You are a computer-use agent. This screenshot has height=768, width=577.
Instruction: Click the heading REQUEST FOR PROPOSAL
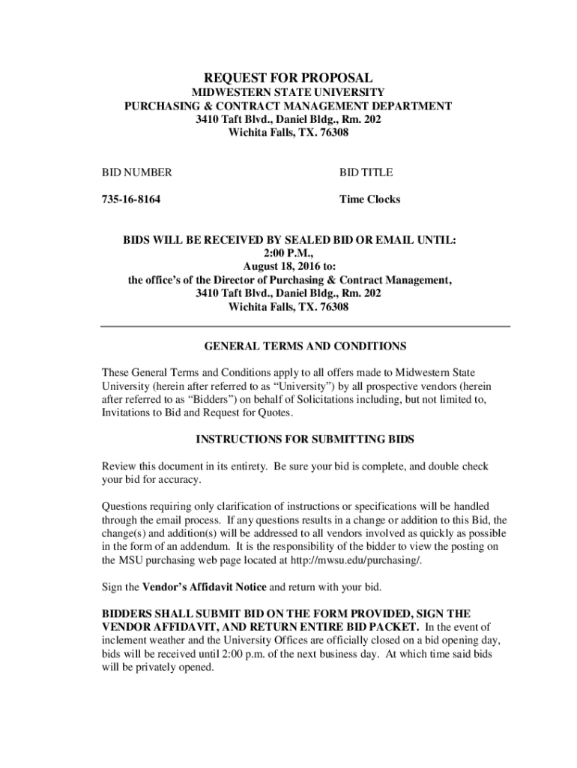288,78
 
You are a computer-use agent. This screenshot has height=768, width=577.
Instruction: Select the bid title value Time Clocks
369,199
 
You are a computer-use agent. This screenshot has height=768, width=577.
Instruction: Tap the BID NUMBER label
137,172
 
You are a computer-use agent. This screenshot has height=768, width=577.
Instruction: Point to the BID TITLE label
366,172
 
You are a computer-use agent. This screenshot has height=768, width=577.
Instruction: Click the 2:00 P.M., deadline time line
288,253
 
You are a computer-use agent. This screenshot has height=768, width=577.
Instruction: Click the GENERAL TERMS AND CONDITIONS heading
305,346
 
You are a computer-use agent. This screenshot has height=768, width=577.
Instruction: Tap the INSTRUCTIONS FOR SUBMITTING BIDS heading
305,439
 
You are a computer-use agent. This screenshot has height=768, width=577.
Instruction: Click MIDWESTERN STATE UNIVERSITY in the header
288,92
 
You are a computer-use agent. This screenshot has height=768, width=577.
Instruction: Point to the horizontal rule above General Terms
305,326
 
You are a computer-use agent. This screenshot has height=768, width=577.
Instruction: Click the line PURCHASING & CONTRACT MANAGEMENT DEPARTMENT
288,106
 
